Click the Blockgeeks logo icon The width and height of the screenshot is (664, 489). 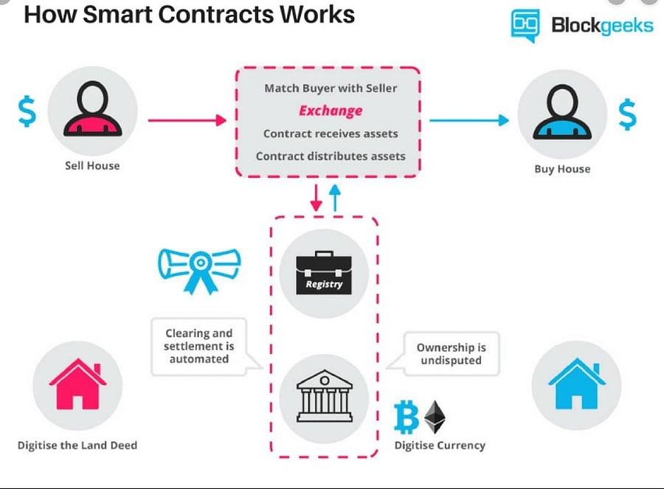(x=526, y=26)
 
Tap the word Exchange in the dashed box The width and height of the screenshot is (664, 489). (x=331, y=111)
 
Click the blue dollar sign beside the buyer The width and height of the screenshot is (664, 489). (x=628, y=114)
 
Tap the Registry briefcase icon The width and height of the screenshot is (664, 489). (x=325, y=273)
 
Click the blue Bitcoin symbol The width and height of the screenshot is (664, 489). (x=407, y=417)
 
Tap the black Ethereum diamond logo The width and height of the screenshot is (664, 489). (x=435, y=417)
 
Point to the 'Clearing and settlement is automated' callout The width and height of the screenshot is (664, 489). (x=199, y=346)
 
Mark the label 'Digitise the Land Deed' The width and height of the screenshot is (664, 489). (x=77, y=445)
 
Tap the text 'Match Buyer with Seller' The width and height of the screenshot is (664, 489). (x=331, y=88)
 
